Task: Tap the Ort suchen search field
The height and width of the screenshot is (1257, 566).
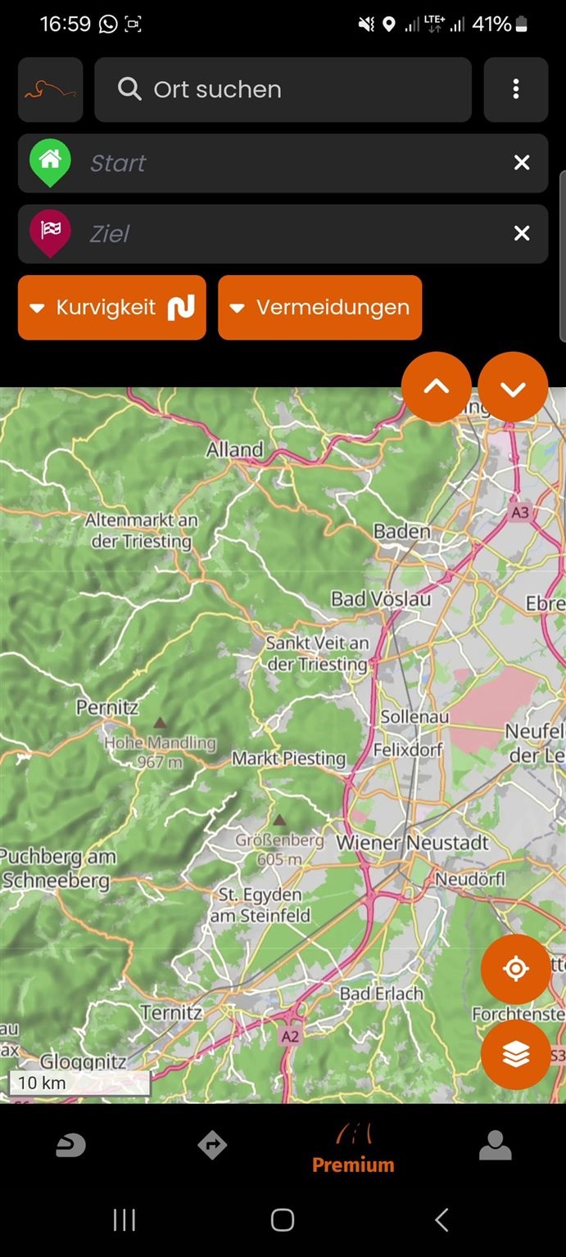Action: point(283,89)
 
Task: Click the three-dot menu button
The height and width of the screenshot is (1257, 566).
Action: point(515,89)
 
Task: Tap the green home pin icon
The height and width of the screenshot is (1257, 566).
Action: point(50,161)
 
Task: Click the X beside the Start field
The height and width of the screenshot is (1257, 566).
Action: point(522,163)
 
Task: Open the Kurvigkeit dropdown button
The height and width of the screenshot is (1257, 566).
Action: point(112,308)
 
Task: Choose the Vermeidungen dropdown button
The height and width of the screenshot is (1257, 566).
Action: point(319,308)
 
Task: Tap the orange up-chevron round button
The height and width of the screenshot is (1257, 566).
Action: point(437,387)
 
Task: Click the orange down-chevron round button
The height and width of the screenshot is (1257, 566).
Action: point(513,387)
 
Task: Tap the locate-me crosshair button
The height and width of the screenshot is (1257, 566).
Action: point(515,969)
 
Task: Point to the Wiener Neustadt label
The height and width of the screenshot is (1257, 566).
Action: point(412,842)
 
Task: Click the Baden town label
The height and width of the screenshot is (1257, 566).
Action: point(401,531)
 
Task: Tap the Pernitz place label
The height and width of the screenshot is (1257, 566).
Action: point(107,707)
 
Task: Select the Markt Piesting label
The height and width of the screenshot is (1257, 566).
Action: point(288,759)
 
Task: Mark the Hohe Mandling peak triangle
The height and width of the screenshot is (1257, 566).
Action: point(160,723)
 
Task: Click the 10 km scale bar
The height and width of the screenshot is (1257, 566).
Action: point(79,1083)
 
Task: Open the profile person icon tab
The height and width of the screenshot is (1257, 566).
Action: point(495,1147)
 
